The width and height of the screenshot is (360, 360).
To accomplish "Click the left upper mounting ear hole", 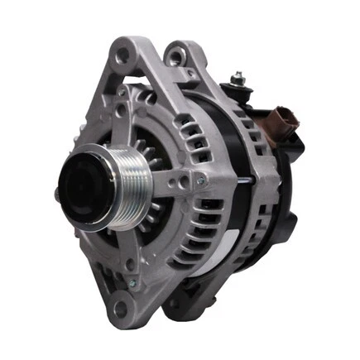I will click(124, 55).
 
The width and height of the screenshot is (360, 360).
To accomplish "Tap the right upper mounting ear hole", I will click(175, 58).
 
